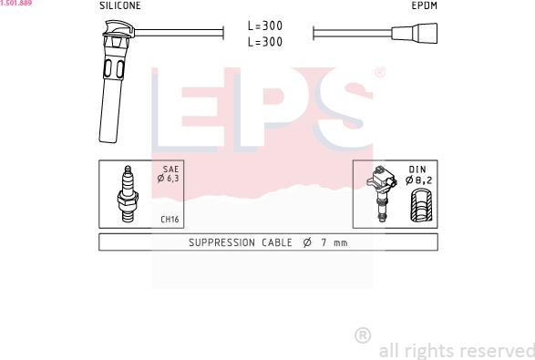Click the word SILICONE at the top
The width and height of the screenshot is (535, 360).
point(120,5)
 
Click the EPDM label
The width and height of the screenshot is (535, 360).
point(424,5)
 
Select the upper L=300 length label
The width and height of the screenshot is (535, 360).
point(265,26)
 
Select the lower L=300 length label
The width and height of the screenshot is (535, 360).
point(265,42)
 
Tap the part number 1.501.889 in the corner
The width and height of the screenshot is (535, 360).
point(16,3)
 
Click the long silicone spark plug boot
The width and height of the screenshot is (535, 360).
point(113,82)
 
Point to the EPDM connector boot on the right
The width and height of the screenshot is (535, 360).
point(414,33)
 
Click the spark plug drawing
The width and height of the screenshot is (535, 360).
point(128,194)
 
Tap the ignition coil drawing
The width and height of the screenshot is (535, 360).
point(382,193)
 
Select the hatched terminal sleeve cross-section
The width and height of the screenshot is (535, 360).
point(421,204)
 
